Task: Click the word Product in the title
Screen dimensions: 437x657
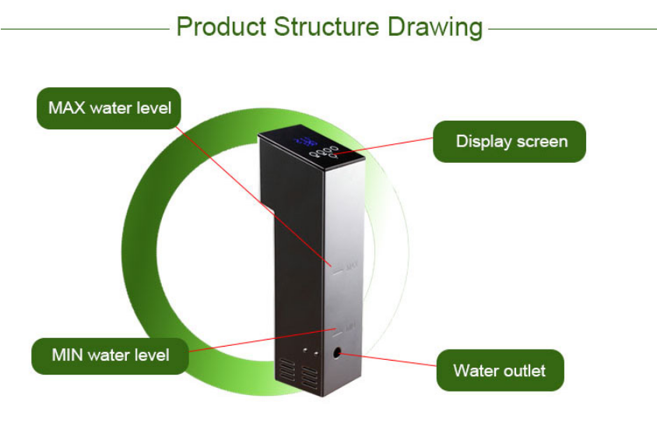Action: pos(220,26)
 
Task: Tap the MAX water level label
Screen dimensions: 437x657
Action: pos(109,108)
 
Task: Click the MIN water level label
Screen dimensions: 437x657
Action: pos(110,356)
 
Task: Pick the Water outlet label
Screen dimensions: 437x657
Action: pos(499,371)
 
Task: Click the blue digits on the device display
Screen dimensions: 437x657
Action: pos(305,142)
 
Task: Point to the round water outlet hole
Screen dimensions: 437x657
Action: pos(338,353)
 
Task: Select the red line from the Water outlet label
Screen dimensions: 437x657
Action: pos(389,361)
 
